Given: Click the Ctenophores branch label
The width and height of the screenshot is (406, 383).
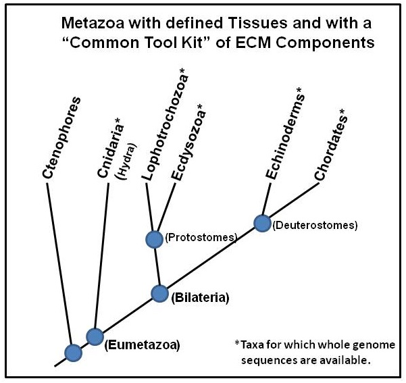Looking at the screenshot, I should point(63,138).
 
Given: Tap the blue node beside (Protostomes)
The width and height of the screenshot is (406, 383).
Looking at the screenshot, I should point(155,238).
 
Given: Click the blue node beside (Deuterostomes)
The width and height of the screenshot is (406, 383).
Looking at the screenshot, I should point(261,222).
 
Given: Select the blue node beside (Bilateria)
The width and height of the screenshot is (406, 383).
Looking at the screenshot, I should point(159,293).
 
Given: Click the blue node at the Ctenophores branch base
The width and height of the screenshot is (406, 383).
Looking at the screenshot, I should point(72,352).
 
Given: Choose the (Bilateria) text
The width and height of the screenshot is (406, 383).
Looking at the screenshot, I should point(201,297).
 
